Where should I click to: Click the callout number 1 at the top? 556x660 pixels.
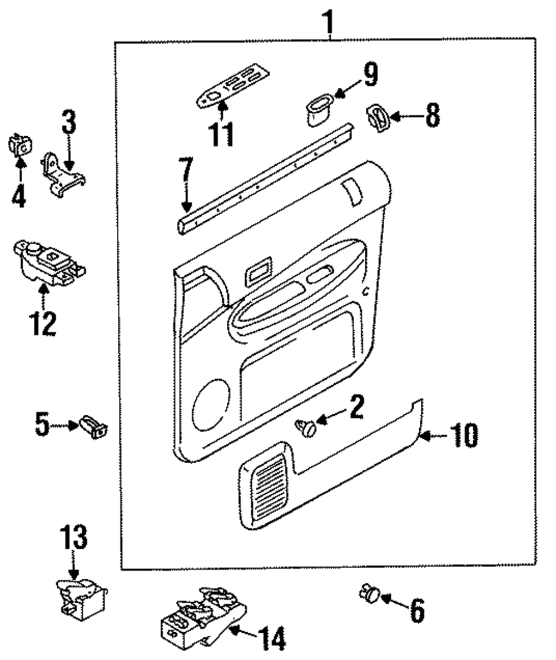click(328, 23)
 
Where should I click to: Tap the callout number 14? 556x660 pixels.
click(271, 638)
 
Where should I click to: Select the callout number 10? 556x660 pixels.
click(464, 435)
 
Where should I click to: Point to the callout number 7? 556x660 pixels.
click(186, 172)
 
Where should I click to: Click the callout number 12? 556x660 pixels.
click(43, 323)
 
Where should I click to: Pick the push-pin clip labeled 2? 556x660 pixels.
click(307, 428)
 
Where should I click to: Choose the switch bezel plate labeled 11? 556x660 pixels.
click(233, 86)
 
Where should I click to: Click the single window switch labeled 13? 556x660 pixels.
click(81, 598)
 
